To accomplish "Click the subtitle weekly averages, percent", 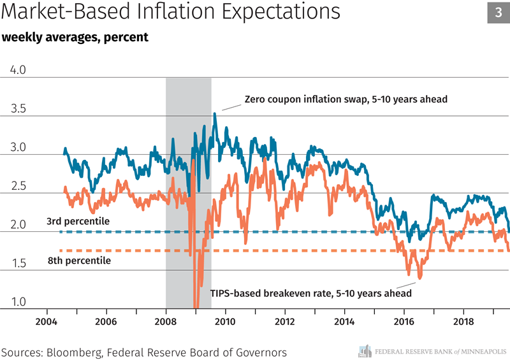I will pos(75,37).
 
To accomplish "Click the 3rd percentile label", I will pos(78,221).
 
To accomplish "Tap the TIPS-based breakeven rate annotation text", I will pos(311,293).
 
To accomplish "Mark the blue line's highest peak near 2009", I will pos(215,113).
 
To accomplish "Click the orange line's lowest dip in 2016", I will pos(419,278).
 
